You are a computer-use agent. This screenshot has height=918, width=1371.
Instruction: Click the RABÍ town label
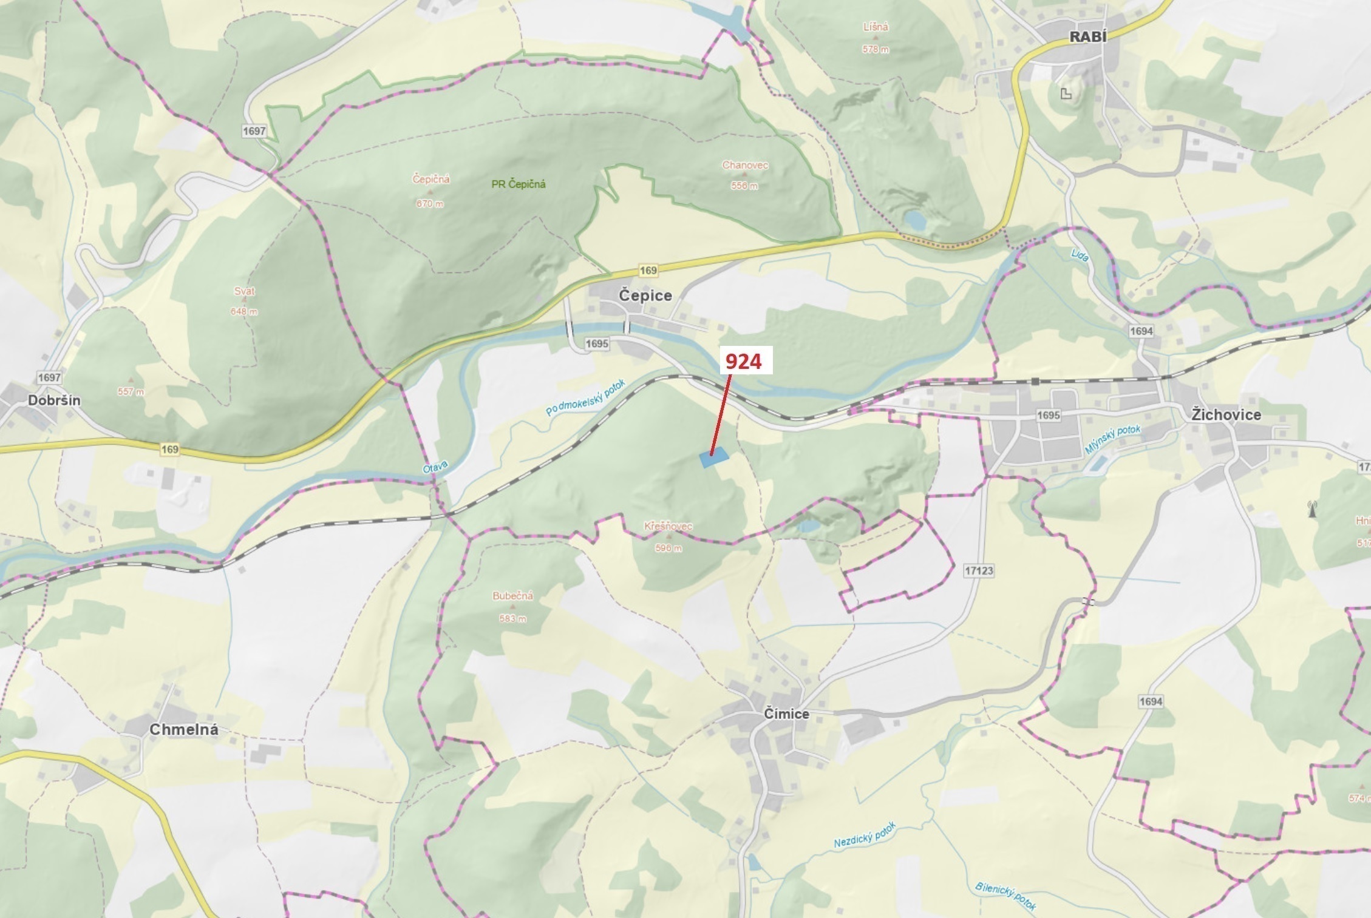(x=1087, y=37)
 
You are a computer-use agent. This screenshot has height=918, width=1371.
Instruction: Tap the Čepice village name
(x=645, y=295)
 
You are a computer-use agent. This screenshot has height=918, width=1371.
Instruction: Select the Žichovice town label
(x=1225, y=415)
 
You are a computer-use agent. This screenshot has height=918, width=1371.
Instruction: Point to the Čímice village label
(x=786, y=714)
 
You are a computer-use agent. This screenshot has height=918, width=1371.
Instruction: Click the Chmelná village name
(x=183, y=730)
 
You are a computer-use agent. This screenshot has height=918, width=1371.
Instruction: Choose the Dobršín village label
(x=54, y=400)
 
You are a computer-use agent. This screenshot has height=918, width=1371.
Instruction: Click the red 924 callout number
(x=743, y=362)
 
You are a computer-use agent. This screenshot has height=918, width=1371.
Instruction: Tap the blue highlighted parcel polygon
(x=714, y=457)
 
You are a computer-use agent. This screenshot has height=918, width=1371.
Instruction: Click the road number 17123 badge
(x=978, y=570)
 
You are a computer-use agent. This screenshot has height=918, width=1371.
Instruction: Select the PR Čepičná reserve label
(x=518, y=184)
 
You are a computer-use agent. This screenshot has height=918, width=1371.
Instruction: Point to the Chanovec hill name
(x=744, y=165)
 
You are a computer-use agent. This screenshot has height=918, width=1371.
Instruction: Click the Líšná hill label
(x=875, y=27)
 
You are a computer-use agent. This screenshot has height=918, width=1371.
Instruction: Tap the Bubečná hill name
(x=512, y=596)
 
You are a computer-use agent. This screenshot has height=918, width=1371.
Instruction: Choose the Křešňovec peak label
(x=668, y=527)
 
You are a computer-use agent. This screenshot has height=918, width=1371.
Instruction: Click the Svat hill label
(x=244, y=291)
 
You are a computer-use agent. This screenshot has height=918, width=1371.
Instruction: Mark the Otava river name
(x=435, y=467)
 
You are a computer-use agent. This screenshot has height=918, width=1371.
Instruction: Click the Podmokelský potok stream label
(x=585, y=398)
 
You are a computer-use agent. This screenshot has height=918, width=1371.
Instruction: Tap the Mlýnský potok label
(x=1112, y=439)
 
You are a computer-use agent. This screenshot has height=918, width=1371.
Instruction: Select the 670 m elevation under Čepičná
(x=429, y=204)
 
